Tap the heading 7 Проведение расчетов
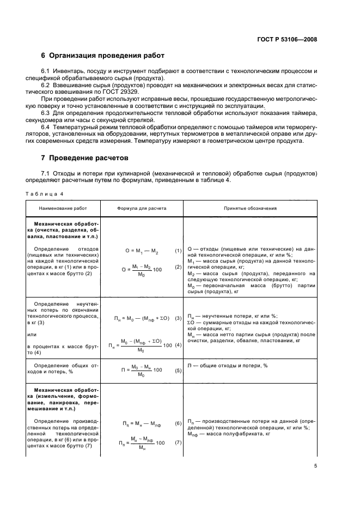(85, 159)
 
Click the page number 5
(315, 465)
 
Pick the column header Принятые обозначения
(250, 208)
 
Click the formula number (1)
(178, 251)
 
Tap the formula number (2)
(178, 267)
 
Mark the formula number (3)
(178, 318)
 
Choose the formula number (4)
(178, 344)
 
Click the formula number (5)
(178, 370)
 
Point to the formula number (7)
(178, 442)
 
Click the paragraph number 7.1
(46, 174)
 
